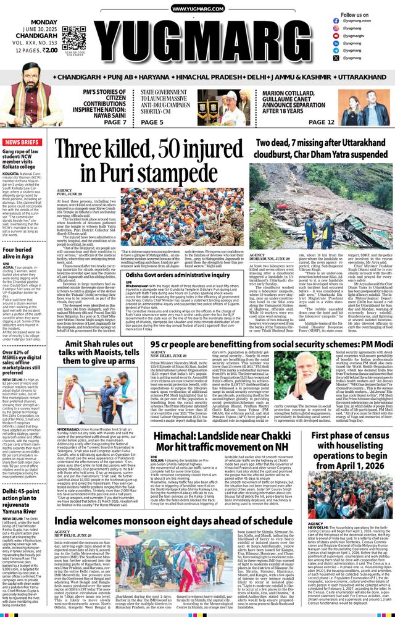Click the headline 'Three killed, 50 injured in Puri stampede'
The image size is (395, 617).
click(x=152, y=162)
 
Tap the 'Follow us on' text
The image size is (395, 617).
click(x=355, y=15)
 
